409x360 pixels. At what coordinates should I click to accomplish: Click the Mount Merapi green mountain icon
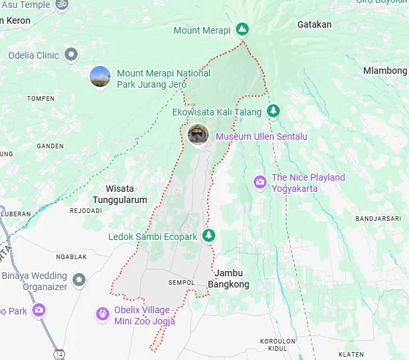pos(242,30)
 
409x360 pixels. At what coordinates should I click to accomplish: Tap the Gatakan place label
pos(314,24)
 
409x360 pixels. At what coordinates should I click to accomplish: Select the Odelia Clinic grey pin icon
pos(71,55)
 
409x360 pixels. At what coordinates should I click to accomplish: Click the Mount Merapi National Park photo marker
pos(100,76)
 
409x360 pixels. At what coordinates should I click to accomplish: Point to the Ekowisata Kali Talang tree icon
pos(273,111)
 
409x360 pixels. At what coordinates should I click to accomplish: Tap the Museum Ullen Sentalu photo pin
pos(198,135)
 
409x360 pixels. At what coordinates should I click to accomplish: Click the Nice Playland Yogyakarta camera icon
pos(260,181)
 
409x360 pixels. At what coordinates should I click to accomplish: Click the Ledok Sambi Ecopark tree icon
pos(209,235)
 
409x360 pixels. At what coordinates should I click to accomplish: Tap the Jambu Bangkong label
pos(229,279)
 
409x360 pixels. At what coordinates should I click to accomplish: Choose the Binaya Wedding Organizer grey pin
pos(79,280)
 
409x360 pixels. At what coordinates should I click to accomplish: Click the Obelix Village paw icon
pos(102,314)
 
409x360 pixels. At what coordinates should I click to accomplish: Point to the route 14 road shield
pos(60,353)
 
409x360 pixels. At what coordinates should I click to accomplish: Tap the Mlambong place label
pos(385,71)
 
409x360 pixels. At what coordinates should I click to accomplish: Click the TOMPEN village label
pos(41,99)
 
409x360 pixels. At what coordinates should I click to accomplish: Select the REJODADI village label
pos(86,211)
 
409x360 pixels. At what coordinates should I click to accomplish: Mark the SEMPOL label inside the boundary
pos(181,283)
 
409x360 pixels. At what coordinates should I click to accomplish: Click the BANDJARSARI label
pos(378,218)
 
